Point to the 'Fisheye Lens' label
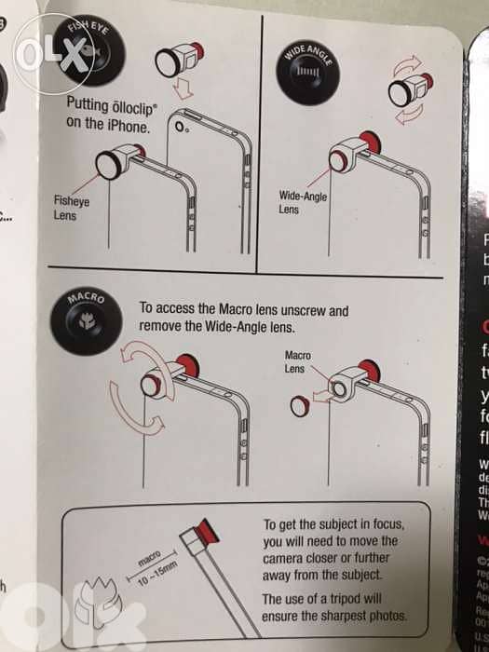(71, 208)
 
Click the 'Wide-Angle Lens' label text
(303, 203)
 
